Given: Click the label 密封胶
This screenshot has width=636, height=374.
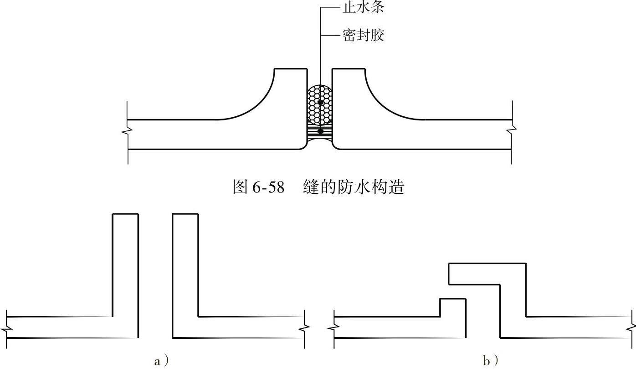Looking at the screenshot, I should (x=363, y=35).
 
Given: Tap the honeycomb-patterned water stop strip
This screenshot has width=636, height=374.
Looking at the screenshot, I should (x=320, y=104).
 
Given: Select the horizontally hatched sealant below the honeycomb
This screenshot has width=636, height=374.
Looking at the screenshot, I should (x=320, y=132).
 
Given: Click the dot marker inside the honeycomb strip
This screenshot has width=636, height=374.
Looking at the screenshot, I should (x=321, y=103).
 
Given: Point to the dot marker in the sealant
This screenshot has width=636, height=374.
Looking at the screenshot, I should (x=321, y=131).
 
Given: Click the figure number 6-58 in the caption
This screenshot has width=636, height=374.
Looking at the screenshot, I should (x=268, y=187).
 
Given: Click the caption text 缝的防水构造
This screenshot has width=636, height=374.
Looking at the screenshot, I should (x=354, y=187).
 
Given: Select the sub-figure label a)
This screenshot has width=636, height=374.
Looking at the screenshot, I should (x=161, y=362).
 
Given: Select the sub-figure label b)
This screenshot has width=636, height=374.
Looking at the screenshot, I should (x=490, y=362).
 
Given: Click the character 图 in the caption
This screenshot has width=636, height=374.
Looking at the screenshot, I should (x=240, y=187).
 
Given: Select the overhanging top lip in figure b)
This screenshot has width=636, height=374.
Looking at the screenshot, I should (x=487, y=274).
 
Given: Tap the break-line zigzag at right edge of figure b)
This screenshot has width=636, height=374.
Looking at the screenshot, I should (x=633, y=327).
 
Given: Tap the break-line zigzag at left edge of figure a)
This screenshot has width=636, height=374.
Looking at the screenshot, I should (x=6, y=327).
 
